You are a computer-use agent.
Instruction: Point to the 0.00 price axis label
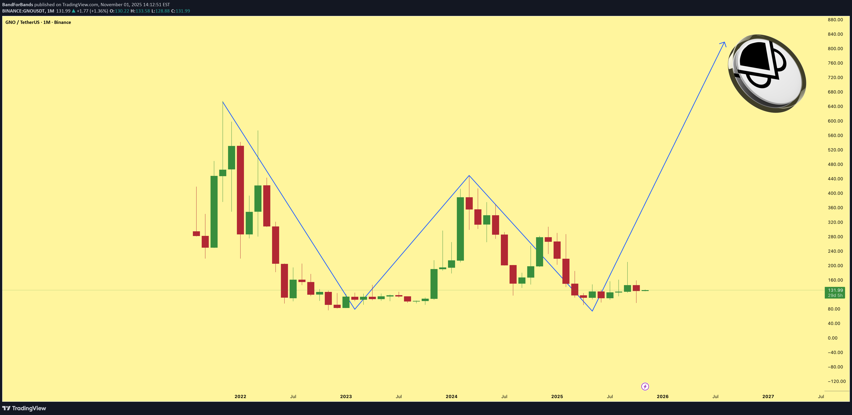[832, 338]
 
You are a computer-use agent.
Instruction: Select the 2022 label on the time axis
[240, 396]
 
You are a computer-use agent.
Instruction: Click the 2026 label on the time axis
[663, 396]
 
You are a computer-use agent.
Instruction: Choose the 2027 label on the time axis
[768, 396]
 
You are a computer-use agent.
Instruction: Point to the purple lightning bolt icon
[645, 387]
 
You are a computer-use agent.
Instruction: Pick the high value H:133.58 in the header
[140, 11]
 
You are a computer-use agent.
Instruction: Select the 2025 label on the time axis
[557, 396]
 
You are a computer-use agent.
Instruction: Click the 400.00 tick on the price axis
[835, 193]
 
